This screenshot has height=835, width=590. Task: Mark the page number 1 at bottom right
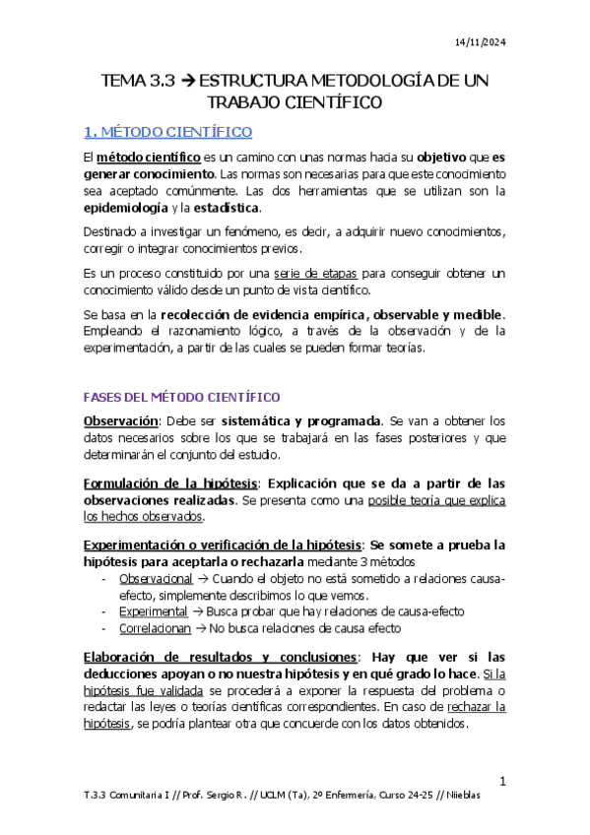pyautogui.click(x=502, y=782)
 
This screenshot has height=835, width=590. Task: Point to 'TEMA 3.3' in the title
pyautogui.click(x=136, y=80)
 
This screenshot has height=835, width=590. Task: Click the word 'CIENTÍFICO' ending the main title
pyautogui.click(x=332, y=101)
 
